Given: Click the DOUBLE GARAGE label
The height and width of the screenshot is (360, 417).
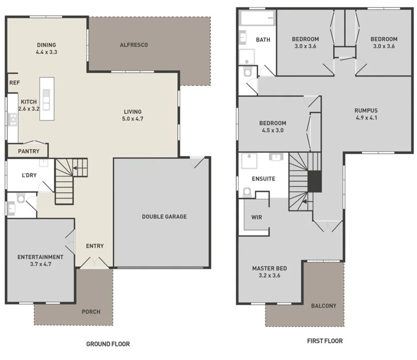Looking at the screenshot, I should (164, 216).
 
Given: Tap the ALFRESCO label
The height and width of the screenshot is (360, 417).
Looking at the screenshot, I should (134, 45).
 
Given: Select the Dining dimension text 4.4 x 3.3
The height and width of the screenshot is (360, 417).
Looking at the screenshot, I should (47, 52).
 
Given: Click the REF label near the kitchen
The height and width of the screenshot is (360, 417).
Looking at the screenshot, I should (14, 83).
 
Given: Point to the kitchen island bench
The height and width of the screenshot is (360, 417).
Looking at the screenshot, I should (47, 99).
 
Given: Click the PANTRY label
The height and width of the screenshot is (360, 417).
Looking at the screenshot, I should (29, 152).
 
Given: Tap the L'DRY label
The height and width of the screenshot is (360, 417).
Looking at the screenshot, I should (29, 175).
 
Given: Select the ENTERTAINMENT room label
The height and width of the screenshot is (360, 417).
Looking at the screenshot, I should (40, 257).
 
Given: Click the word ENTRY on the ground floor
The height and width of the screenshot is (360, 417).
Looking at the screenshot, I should (95, 246).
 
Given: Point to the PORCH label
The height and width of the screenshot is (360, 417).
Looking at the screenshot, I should (91, 312).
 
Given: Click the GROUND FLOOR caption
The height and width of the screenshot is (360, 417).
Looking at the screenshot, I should (108, 344).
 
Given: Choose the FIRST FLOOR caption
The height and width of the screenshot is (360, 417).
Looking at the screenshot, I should (325, 341).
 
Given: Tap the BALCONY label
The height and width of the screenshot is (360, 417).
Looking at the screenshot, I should (324, 306).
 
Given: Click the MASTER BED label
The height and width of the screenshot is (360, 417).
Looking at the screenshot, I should (269, 268).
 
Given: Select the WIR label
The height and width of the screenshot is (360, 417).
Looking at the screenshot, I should (257, 218).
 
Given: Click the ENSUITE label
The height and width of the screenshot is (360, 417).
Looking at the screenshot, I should (264, 179).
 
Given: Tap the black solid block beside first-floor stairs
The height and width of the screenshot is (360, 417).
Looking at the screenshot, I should (314, 181).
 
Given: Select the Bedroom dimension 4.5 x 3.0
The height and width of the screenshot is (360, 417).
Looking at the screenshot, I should (273, 131).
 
